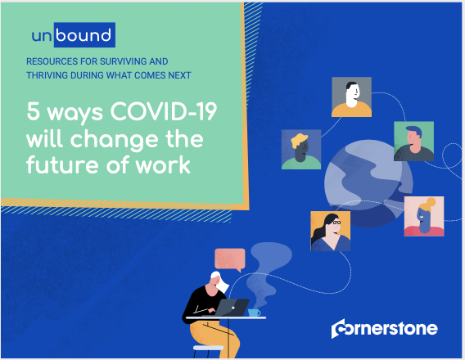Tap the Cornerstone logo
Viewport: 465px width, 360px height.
[384, 328]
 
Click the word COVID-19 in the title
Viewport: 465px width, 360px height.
[164, 111]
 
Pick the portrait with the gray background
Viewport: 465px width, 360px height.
[351, 97]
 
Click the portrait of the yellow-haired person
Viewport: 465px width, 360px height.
[301, 150]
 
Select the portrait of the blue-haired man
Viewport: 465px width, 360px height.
[413, 141]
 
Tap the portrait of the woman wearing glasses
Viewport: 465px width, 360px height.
[331, 231]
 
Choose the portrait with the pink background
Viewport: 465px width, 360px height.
[424, 216]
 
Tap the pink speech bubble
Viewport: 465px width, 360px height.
[230, 260]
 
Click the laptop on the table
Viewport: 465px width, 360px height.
[232, 308]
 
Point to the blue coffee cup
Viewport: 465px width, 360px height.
[254, 313]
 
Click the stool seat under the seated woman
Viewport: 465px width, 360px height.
[208, 348]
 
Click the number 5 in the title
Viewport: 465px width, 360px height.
[34, 111]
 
